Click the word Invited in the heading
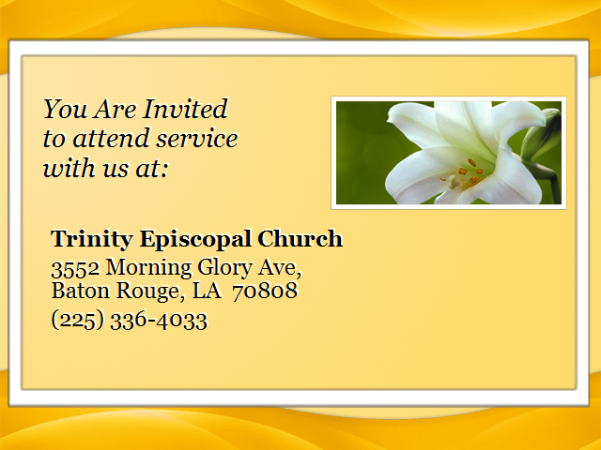[186, 109]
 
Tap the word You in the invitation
[65, 109]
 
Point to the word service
[197, 139]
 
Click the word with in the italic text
[69, 168]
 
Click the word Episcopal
[195, 240]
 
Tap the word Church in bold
[300, 239]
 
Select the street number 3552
[75, 268]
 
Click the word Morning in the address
[148, 268]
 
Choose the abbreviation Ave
[280, 267]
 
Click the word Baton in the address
[81, 291]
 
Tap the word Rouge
[148, 292]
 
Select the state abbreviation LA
[207, 291]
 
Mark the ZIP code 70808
[265, 291]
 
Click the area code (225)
[78, 320]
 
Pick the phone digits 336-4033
[159, 321]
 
